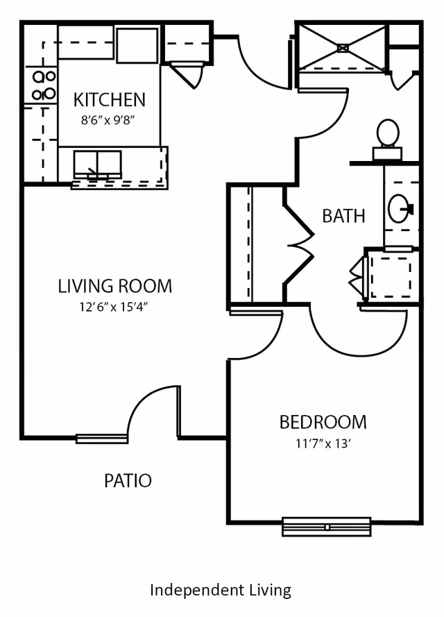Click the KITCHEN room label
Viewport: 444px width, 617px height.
[110, 100]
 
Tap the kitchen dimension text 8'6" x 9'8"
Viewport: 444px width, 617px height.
[108, 119]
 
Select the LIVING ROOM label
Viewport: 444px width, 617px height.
[114, 285]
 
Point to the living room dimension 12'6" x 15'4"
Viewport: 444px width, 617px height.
[114, 306]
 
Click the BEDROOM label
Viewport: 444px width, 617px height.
[323, 421]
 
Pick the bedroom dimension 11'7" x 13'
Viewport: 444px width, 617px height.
[323, 442]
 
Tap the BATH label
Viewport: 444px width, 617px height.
[343, 215]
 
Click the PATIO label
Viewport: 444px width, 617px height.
[128, 480]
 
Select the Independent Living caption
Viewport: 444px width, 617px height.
[221, 590]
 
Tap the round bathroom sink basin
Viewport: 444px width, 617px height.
[400, 207]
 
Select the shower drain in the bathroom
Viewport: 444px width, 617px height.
[343, 48]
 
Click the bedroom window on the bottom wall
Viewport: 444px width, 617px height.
[326, 527]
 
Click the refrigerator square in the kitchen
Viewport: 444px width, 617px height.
[137, 45]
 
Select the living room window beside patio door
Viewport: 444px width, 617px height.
[102, 438]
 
